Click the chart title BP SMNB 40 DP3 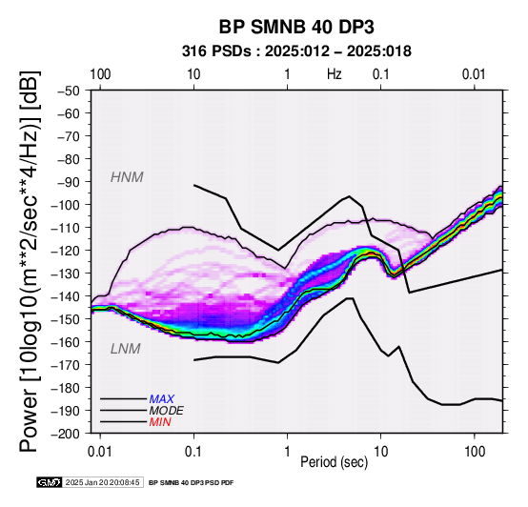point(296,27)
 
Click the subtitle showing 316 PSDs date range point(296,51)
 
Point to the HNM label point(127,177)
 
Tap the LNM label point(125,349)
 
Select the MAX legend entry point(162,399)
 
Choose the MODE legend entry point(167,411)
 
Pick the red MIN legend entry point(160,422)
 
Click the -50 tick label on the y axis point(68,91)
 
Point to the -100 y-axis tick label point(65,205)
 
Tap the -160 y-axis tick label point(65,342)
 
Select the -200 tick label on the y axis point(65,434)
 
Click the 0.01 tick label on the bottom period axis point(100,452)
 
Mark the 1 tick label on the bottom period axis point(287,452)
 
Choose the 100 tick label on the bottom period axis point(474,452)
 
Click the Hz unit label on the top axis point(334,74)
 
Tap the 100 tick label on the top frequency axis point(100,74)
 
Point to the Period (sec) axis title point(334,462)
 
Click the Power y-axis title point(30,261)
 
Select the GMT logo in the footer point(50,482)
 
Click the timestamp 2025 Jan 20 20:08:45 point(102,482)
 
